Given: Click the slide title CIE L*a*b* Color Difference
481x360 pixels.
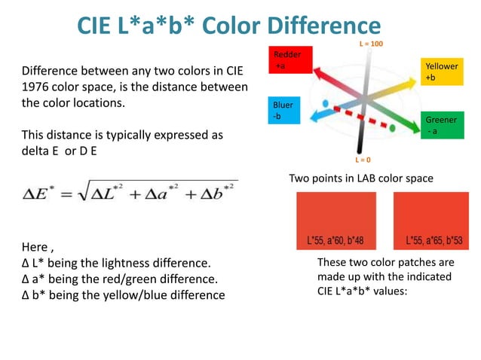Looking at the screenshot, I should click(x=228, y=27).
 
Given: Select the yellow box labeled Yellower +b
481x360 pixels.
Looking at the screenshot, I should click(x=441, y=72).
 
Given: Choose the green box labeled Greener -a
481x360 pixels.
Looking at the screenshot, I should click(x=440, y=125).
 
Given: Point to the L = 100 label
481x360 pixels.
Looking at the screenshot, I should click(x=371, y=44).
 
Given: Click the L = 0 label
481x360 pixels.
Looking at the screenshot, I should click(x=363, y=160).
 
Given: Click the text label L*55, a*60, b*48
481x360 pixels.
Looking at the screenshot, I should click(x=335, y=241).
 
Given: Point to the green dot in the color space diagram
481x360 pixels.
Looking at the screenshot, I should click(x=392, y=128).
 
